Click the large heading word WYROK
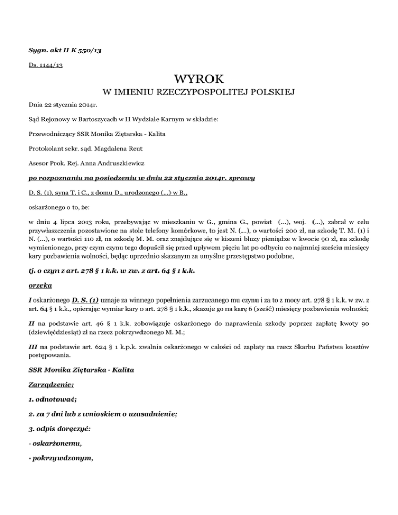199,79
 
